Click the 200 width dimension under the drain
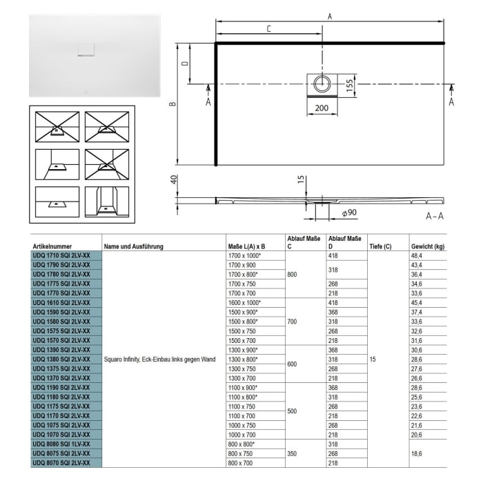pyautogui.click(x=322, y=109)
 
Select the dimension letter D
pyautogui.click(x=184, y=63)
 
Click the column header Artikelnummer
pyautogui.click(x=52, y=246)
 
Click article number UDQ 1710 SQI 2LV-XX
pyautogui.click(x=61, y=255)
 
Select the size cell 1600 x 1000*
pyautogui.click(x=245, y=302)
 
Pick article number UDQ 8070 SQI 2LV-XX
pyautogui.click(x=61, y=462)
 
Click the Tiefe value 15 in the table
pyautogui.click(x=373, y=359)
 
